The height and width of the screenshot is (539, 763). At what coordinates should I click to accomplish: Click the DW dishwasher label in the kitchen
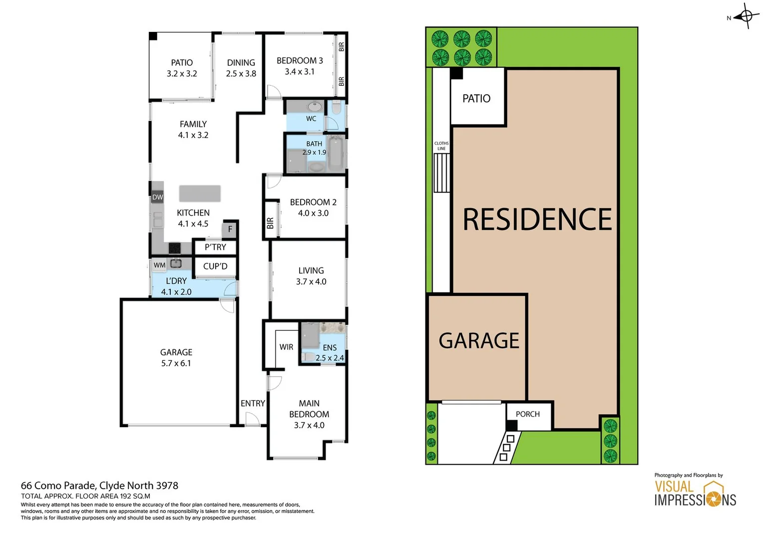click(x=157, y=197)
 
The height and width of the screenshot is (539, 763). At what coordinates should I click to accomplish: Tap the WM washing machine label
click(x=159, y=265)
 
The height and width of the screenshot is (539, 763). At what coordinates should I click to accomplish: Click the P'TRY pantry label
click(x=215, y=247)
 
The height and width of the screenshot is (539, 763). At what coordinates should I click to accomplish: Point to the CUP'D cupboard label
click(x=215, y=267)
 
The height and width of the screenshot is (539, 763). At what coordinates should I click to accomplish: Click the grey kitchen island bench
click(x=200, y=193)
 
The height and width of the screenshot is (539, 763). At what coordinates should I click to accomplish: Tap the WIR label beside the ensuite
click(x=286, y=347)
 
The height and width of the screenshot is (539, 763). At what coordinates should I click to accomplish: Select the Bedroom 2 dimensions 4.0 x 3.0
click(x=313, y=213)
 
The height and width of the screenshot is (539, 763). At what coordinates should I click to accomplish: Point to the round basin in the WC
click(x=314, y=107)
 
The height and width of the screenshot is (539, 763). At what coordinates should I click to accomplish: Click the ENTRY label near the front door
click(x=253, y=403)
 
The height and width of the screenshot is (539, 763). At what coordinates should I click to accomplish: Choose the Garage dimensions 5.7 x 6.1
click(x=176, y=363)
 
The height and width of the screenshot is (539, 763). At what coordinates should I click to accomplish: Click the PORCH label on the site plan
click(x=527, y=414)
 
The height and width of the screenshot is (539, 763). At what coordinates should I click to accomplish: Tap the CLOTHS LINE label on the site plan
click(x=441, y=146)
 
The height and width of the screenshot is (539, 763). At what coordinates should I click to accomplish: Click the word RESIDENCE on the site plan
click(x=537, y=220)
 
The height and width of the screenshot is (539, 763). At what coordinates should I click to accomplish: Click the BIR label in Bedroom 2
click(x=270, y=223)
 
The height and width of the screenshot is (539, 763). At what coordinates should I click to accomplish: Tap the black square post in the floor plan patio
click(x=153, y=36)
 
